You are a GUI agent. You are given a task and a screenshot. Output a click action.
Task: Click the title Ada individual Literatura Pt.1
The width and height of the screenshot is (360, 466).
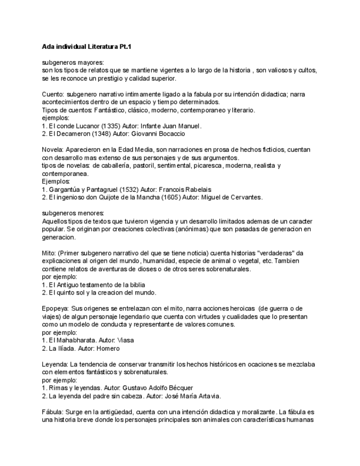coord(87,47)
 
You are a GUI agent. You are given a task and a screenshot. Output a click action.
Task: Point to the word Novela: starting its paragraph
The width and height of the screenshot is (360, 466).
coord(53,150)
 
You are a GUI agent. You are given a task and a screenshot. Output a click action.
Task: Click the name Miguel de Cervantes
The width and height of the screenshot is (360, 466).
coord(231,197)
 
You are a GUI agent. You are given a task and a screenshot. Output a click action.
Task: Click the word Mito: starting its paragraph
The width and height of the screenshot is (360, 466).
coord(49,253)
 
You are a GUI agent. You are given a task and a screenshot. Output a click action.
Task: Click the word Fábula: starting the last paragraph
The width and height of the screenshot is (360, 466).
coord(53,412)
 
